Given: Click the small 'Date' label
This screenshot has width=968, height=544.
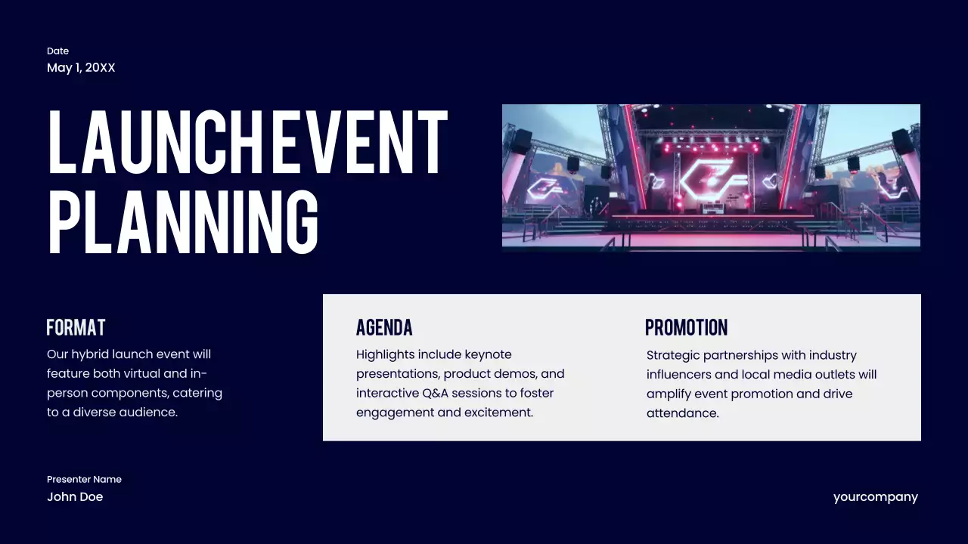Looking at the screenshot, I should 57,51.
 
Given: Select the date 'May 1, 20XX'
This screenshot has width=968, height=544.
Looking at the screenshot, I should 81,68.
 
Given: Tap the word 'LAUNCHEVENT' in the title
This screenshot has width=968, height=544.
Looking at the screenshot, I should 248,143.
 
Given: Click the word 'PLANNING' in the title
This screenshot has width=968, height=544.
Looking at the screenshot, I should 183,221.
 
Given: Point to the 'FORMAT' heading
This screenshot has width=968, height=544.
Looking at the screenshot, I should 76,328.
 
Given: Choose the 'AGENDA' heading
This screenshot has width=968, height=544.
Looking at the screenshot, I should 384,328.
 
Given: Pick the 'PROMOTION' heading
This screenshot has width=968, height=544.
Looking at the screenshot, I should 686,328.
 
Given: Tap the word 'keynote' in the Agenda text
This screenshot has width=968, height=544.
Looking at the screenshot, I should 488,354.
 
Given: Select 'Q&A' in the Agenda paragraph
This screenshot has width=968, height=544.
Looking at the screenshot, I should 435,393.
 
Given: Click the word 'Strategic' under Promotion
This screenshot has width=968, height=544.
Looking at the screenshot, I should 673,355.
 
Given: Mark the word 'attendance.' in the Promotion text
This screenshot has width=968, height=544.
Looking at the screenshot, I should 682,413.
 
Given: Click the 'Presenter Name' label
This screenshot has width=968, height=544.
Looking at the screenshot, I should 84,479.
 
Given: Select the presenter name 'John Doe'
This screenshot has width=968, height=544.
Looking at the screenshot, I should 75,497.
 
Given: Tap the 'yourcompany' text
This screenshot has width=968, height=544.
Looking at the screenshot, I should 875,497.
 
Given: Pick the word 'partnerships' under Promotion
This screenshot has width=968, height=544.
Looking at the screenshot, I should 740,355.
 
